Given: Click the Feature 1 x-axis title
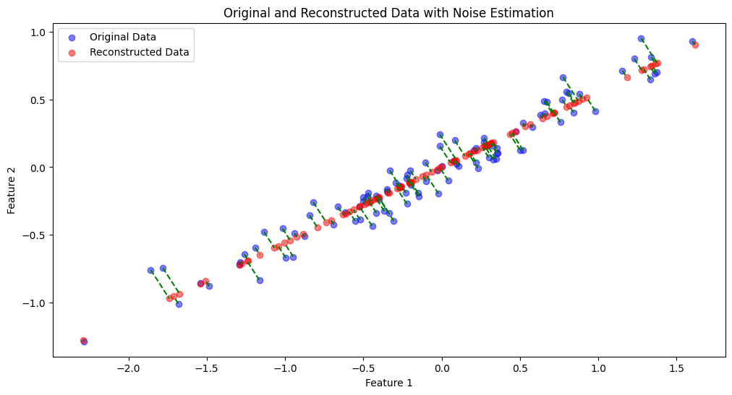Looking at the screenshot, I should coord(388,383).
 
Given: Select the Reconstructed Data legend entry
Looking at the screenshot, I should coord(139,52).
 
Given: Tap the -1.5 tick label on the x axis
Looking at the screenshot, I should coord(206,366).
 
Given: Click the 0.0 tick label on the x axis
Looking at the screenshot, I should coord(441,366).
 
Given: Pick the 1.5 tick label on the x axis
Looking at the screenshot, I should coord(676,366).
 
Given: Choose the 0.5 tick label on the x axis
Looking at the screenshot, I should coord(519,366).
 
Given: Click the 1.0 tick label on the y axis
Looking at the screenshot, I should coord(38,32).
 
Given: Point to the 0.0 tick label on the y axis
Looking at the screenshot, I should coord(38,168).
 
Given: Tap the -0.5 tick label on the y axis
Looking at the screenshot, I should coord(35,235).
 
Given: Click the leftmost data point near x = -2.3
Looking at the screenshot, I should coord(84,341).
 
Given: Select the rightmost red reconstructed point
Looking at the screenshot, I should coord(695,45).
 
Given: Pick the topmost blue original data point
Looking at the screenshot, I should coord(641,38).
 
